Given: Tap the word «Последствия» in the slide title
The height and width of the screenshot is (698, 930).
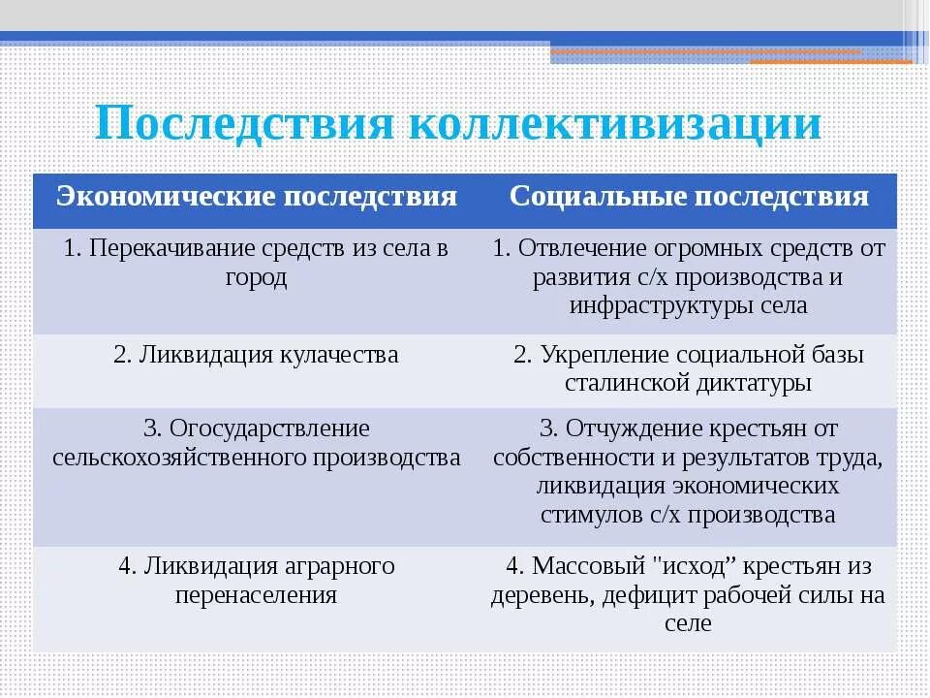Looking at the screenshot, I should click(x=245, y=124).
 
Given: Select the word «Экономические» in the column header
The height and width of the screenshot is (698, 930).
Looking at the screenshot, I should click(x=166, y=198).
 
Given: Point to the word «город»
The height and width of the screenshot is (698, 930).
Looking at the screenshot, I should click(x=256, y=277).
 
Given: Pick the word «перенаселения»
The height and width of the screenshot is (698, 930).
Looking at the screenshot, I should click(x=256, y=594).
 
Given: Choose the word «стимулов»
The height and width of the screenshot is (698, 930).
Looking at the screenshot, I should click(x=585, y=515).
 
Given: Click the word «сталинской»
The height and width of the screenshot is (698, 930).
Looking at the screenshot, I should click(x=627, y=383).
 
